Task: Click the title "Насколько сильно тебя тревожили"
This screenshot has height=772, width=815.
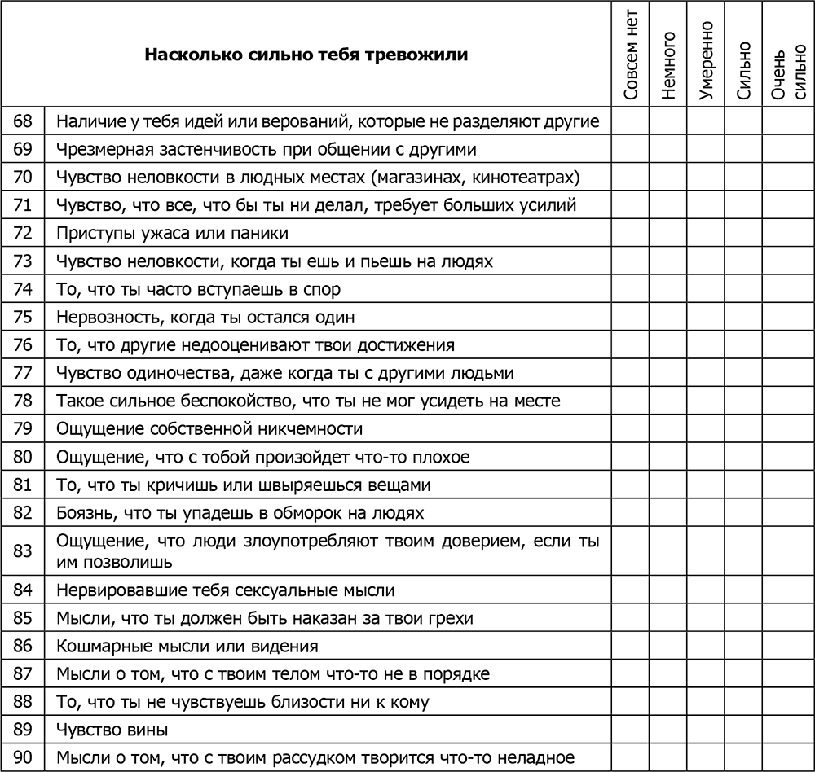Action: [x=306, y=55]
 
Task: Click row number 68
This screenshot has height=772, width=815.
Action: [x=23, y=121]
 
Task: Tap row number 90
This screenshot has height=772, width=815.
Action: [x=23, y=757]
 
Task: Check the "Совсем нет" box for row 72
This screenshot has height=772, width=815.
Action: [x=631, y=233]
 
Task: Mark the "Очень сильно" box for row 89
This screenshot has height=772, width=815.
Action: [x=787, y=730]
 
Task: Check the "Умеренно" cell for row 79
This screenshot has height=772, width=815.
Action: [x=706, y=428]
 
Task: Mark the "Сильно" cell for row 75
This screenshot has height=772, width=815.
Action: [x=743, y=317]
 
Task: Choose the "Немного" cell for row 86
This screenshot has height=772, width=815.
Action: [x=669, y=646]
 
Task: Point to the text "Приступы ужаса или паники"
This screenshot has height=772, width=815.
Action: [x=173, y=233]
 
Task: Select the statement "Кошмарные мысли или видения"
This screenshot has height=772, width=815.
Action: [x=187, y=646]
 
